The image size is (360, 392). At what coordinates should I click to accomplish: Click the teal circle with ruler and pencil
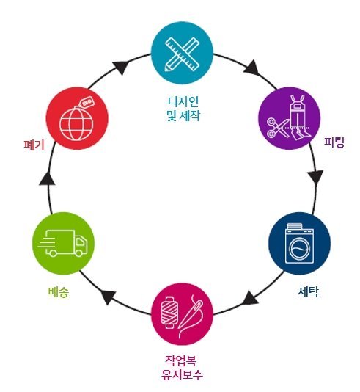point(182,53)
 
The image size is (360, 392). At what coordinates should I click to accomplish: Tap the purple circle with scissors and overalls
point(289,118)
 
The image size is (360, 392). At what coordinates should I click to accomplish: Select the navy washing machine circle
point(299,243)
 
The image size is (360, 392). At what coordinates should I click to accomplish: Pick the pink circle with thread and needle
point(182,314)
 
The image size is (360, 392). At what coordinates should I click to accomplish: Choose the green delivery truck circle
point(63,243)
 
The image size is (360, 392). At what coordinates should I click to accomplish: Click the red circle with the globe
point(77,118)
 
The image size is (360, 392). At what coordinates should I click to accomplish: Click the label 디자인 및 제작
point(183,109)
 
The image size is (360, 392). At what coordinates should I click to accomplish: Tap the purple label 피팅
point(334,142)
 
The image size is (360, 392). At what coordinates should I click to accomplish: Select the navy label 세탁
point(308,291)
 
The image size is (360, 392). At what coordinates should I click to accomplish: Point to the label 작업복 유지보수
point(182,368)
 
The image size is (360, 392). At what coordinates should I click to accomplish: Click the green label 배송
point(59,292)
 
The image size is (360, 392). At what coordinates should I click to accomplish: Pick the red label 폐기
point(34,145)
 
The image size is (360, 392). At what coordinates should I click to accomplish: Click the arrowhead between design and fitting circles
point(251,68)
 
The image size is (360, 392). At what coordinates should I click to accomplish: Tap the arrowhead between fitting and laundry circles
point(316,177)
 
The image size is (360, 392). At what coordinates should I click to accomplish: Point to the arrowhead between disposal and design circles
point(121,67)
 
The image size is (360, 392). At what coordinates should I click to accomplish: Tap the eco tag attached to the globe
point(87,103)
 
